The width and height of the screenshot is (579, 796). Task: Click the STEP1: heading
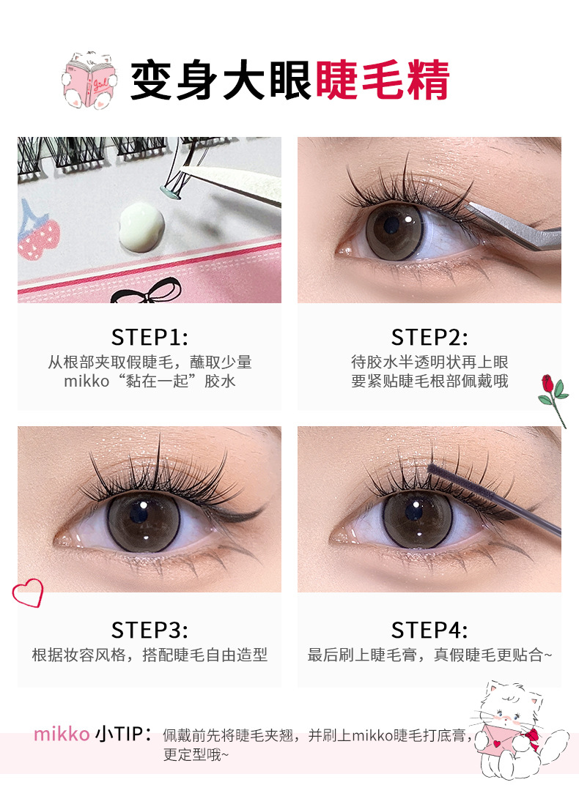[150, 337]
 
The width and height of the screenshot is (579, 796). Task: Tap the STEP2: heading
[429, 337]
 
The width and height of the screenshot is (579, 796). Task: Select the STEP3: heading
[150, 630]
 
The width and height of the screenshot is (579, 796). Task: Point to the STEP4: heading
[429, 630]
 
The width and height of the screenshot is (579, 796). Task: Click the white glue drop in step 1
[141, 226]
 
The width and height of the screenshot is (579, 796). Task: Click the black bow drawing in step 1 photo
[147, 291]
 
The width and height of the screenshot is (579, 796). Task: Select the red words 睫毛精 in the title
[383, 81]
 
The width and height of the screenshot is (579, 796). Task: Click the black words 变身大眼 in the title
[221, 81]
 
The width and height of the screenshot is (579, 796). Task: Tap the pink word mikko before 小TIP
[62, 734]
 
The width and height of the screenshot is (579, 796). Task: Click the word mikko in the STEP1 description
[86, 382]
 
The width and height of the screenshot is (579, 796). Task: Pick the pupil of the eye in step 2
[391, 224]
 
